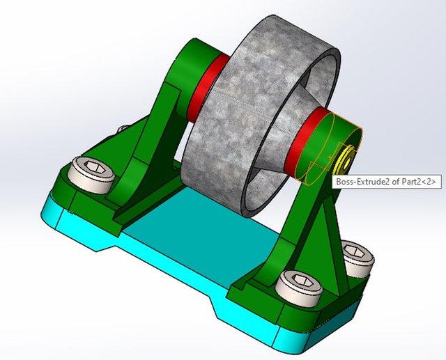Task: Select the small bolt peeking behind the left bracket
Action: [x=123, y=130]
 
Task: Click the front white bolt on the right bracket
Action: [x=298, y=285]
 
